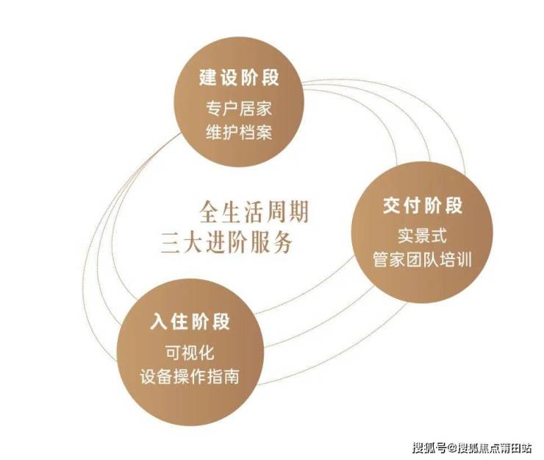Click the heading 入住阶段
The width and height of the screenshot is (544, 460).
click(190, 322)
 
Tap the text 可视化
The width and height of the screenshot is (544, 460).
click(190, 353)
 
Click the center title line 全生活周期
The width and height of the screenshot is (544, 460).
click(254, 213)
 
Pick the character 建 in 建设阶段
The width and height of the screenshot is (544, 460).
click(207, 77)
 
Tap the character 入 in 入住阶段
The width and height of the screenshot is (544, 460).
click(160, 322)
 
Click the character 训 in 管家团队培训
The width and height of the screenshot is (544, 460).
click(464, 261)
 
